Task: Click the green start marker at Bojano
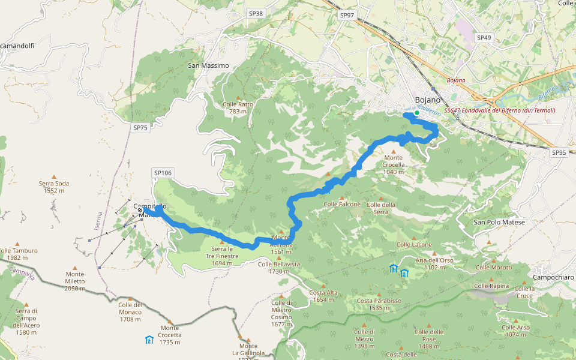pyautogui.click(x=416, y=112)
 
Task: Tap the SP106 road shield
pyautogui.click(x=163, y=173)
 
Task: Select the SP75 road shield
pyautogui.click(x=140, y=128)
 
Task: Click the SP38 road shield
pyautogui.click(x=256, y=13)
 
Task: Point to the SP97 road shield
pyautogui.click(x=347, y=15)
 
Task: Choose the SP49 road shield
pyautogui.click(x=484, y=38)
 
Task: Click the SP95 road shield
pyautogui.click(x=559, y=153)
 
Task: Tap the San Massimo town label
pyautogui.click(x=208, y=65)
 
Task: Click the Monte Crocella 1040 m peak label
pyautogui.click(x=394, y=167)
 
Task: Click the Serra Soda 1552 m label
pyautogui.click(x=54, y=187)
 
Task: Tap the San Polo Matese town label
pyautogui.click(x=499, y=223)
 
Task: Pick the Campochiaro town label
pyautogui.click(x=553, y=278)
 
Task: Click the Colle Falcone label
pyautogui.click(x=342, y=205)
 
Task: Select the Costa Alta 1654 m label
pyautogui.click(x=323, y=296)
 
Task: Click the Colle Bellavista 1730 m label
pyautogui.click(x=279, y=267)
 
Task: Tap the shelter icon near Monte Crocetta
pyautogui.click(x=149, y=340)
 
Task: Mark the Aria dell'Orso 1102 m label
pyautogui.click(x=434, y=263)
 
